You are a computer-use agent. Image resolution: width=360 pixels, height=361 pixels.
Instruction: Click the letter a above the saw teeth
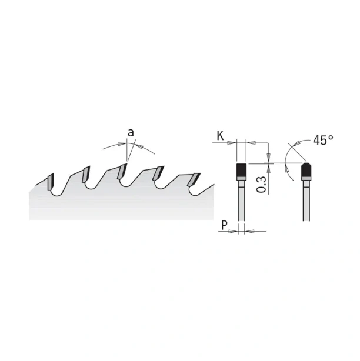pyautogui.click(x=131, y=133)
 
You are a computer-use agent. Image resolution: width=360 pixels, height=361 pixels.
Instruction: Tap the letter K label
pyautogui.click(x=220, y=136)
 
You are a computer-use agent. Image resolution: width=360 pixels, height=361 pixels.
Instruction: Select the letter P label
pyautogui.click(x=224, y=225)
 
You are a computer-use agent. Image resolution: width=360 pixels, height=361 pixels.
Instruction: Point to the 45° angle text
pyautogui.click(x=323, y=140)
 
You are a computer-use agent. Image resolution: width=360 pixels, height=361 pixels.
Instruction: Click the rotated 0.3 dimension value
pyautogui.click(x=262, y=185)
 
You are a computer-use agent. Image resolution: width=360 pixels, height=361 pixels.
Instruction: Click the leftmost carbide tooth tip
pyautogui.click(x=51, y=182)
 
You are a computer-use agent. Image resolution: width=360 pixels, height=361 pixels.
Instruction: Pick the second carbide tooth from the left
pyautogui.click(x=86, y=174)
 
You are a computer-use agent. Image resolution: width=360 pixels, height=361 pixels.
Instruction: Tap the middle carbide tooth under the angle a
pyautogui.click(x=122, y=171)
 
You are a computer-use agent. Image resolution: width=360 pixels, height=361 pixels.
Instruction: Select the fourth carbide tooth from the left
pyautogui.click(x=158, y=173)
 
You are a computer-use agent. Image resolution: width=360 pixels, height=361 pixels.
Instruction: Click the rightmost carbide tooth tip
pyautogui.click(x=194, y=179)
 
